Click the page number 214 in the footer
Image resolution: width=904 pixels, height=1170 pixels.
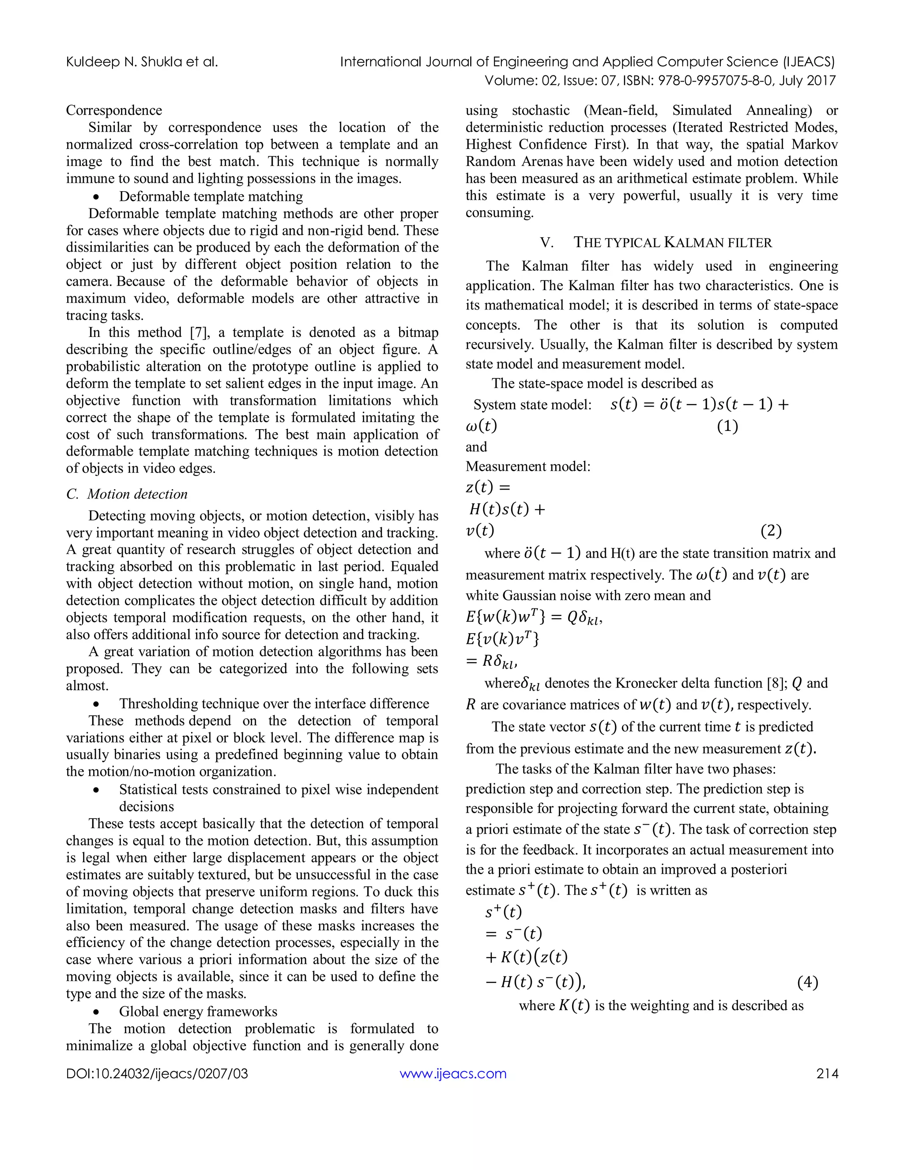point(827,1073)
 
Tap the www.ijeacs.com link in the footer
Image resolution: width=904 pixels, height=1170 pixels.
point(452,1073)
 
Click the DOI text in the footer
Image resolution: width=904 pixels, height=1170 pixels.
point(157,1073)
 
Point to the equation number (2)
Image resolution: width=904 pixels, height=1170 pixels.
point(771,531)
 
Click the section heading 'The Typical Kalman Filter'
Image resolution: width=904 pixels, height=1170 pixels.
point(673,243)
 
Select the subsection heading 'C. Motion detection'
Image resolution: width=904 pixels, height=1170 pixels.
point(127,494)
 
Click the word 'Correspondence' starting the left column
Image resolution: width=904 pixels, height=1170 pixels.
point(114,110)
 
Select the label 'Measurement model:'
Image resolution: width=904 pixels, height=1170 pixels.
point(528,467)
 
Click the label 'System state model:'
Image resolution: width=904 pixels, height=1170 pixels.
point(532,405)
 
